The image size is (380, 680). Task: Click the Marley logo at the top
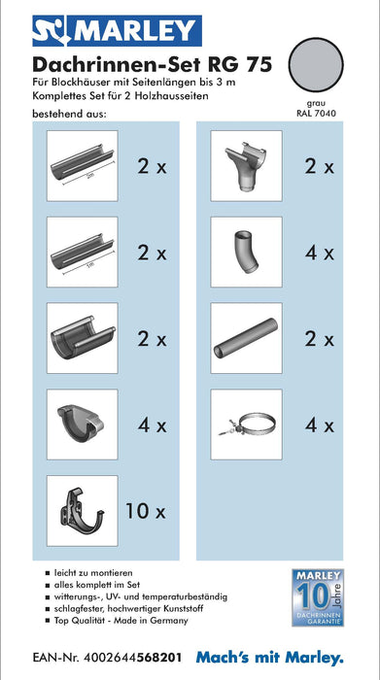tap(117, 31)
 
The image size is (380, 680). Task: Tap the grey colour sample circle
tap(316, 65)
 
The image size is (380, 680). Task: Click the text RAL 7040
tap(316, 114)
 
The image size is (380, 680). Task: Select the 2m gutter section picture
tap(83, 166)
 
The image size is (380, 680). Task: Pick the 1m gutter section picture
tap(83, 252)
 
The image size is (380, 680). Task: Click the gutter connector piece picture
tap(83, 338)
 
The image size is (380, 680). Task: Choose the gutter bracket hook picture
tap(83, 510)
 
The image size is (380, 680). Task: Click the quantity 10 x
tap(146, 511)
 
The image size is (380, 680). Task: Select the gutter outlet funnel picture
tap(247, 166)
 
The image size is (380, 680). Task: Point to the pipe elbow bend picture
tap(247, 252)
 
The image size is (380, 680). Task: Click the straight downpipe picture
tap(247, 338)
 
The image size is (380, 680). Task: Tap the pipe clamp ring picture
tap(247, 425)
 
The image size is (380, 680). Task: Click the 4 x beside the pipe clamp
tap(320, 425)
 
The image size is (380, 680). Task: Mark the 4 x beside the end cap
tap(153, 425)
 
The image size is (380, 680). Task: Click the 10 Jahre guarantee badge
tap(318, 597)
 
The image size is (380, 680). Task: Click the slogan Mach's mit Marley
tap(270, 658)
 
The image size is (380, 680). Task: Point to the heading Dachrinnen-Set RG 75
tap(153, 65)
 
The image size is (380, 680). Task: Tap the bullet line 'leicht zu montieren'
tap(88, 573)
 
